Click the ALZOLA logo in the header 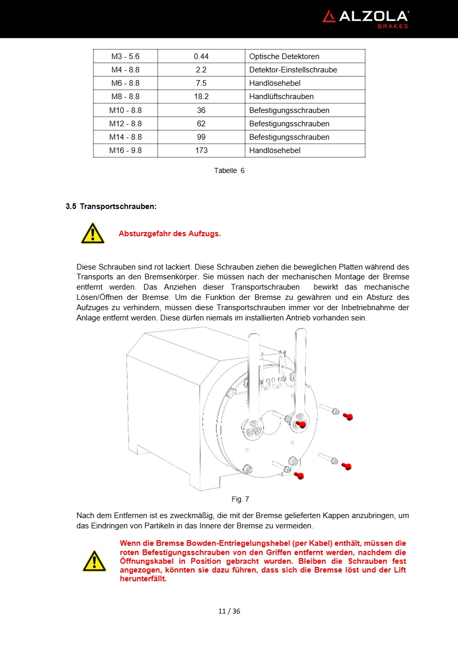365,18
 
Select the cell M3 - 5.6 125,56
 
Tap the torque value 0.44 201,56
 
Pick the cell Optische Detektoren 284,56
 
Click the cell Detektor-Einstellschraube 293,70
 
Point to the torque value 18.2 201,97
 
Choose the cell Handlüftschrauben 281,97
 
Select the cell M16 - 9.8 125,150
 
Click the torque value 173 201,150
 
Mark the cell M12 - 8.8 125,124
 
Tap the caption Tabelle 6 229,170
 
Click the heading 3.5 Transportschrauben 111,206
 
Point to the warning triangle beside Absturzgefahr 92,234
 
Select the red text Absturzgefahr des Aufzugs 169,234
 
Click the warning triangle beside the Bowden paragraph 94,561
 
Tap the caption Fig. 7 240,499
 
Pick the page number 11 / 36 229,611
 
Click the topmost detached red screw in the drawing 348,416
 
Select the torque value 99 201,137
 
